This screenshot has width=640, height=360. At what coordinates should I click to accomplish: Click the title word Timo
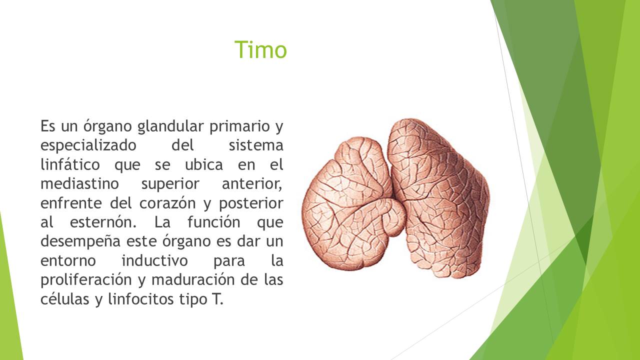pyautogui.click(x=260, y=49)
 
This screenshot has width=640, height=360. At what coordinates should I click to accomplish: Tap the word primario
pyautogui.click(x=239, y=126)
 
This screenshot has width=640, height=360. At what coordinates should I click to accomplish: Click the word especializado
pyautogui.click(x=88, y=145)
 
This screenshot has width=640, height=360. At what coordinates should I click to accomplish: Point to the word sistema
pyautogui.click(x=256, y=145)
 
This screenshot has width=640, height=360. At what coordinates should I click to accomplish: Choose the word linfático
pyautogui.click(x=70, y=164)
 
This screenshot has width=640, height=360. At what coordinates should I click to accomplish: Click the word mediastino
pyautogui.click(x=79, y=183)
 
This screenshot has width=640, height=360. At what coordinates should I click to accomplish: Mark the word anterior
pyautogui.click(x=252, y=184)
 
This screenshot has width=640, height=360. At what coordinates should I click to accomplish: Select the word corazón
pyautogui.click(x=167, y=203)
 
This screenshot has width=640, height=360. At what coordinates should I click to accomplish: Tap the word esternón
pyautogui.click(x=103, y=222)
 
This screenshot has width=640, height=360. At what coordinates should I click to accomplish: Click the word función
pyautogui.click(x=213, y=222)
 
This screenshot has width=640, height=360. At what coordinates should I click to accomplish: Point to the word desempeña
pyautogui.click(x=80, y=241)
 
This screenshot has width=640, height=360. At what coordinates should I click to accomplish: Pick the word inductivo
pyautogui.click(x=154, y=261)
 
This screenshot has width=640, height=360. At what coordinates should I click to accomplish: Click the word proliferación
pyautogui.click(x=86, y=279)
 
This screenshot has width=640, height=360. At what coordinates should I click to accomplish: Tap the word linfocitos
pyautogui.click(x=141, y=299)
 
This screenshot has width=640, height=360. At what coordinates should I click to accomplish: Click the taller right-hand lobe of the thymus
pyautogui.click(x=438, y=197)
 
